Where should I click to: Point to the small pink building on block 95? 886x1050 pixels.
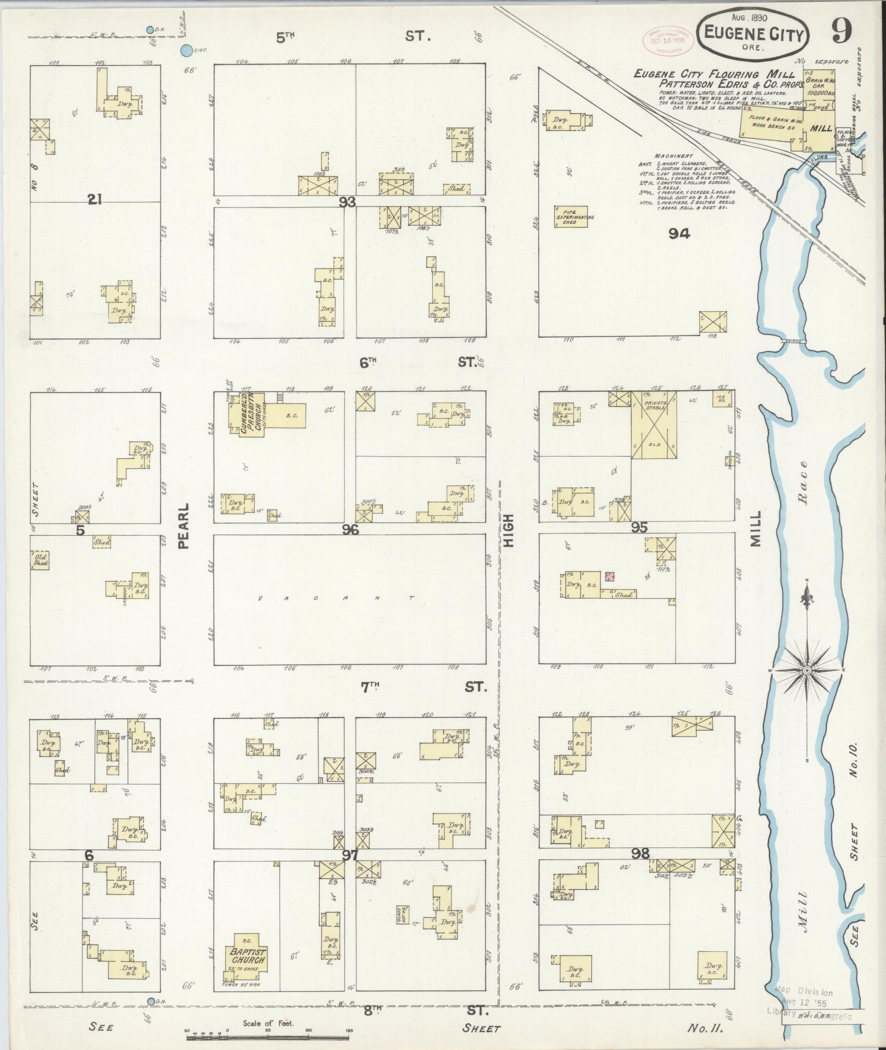pyautogui.click(x=609, y=576)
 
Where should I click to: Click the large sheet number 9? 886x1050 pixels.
pyautogui.click(x=840, y=31)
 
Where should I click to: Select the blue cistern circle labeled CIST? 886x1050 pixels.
pyautogui.click(x=187, y=51)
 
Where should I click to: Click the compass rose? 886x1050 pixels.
pyautogui.click(x=807, y=671)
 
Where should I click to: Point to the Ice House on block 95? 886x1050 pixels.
pyautogui.click(x=721, y=398)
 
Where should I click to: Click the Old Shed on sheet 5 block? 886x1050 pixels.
pyautogui.click(x=40, y=560)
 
